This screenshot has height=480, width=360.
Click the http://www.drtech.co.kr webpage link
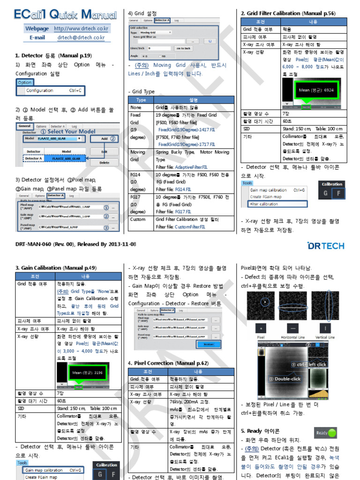click(81, 29)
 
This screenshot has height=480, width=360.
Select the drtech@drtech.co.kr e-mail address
click(81, 37)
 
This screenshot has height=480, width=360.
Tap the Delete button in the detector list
click(104, 162)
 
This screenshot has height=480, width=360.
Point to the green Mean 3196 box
click(88, 373)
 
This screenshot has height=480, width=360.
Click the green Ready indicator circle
click(332, 433)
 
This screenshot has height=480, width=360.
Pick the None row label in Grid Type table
click(135, 107)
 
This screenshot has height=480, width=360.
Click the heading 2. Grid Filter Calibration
click(288, 13)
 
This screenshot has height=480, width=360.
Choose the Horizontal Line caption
click(292, 337)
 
